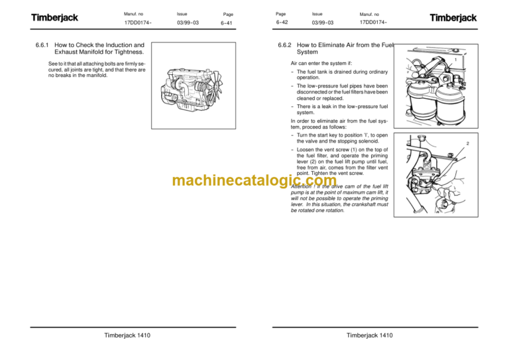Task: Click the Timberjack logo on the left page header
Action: [x=55, y=18]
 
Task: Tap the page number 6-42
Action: [x=282, y=23]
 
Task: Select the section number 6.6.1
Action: [x=43, y=45]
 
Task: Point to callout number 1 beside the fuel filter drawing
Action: [x=455, y=60]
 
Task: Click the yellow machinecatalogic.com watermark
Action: [x=245, y=181]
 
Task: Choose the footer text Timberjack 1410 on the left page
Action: [x=127, y=335]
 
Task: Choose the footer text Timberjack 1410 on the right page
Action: [x=369, y=335]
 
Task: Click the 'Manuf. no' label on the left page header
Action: [x=135, y=13]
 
